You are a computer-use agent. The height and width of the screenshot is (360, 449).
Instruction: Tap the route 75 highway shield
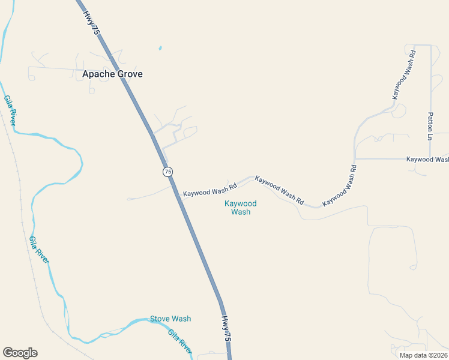(167, 172)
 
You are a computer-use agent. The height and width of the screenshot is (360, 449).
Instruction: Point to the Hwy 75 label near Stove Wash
(226, 329)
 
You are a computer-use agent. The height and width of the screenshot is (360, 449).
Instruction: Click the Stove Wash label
(170, 319)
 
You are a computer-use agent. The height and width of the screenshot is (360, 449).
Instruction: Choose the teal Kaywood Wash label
(241, 208)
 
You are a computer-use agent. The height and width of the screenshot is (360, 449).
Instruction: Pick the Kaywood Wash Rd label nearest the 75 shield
(210, 193)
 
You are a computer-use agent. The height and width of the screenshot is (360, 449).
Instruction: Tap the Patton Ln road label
(430, 126)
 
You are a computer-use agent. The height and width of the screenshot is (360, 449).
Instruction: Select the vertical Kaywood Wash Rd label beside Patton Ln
(403, 74)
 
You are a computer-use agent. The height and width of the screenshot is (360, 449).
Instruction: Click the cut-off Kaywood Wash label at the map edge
(427, 159)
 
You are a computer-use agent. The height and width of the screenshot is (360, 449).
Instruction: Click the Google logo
(20, 353)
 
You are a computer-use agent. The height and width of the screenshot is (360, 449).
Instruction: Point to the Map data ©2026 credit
(423, 355)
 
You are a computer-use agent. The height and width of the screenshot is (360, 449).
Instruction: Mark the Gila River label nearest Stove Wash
(179, 342)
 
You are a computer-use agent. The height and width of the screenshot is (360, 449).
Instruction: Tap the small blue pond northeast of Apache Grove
(160, 48)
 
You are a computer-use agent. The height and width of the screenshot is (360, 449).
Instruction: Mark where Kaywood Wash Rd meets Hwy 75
(176, 192)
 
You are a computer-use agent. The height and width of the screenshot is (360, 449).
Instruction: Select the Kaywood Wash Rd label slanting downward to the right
(279, 189)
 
